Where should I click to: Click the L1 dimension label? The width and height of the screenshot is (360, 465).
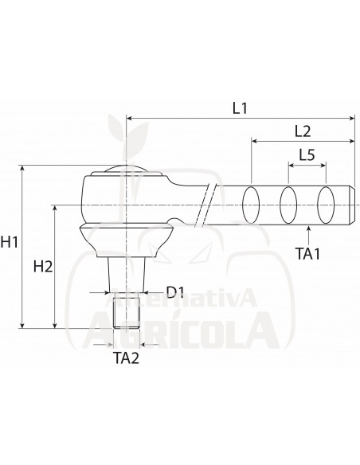point(240,107)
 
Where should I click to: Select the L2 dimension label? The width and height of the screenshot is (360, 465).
point(302,130)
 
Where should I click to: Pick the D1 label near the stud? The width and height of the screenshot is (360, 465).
point(175,292)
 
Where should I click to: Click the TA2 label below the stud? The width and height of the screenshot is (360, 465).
point(126,358)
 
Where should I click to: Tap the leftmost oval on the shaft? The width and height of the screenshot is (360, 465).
point(250,205)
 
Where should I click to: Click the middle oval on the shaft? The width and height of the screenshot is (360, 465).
point(288,205)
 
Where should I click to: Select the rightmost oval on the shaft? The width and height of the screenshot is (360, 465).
point(325,205)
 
